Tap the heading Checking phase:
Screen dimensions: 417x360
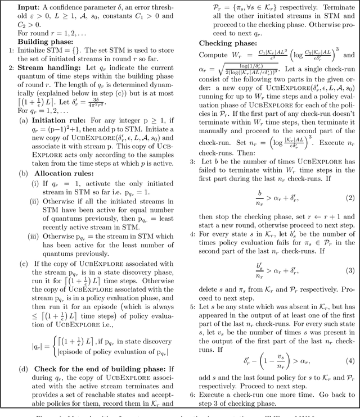click(x=221, y=42)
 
